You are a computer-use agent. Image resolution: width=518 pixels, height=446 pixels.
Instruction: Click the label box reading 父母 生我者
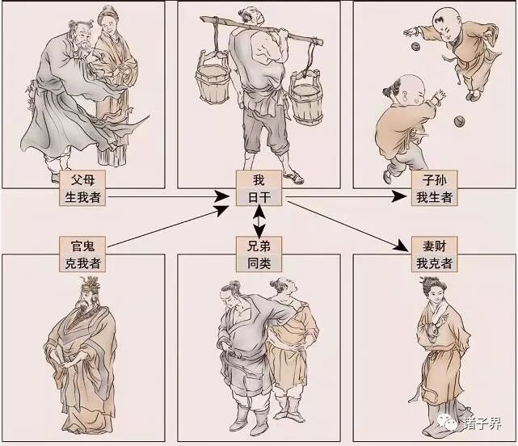(x=82, y=188)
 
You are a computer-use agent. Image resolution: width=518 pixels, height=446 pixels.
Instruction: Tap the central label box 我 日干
(x=259, y=188)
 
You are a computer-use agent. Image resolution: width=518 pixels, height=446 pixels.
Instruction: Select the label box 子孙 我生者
(x=435, y=188)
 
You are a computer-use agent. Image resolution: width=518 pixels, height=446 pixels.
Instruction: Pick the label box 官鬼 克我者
(x=82, y=254)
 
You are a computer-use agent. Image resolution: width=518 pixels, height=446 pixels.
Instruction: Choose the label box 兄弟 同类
(x=259, y=254)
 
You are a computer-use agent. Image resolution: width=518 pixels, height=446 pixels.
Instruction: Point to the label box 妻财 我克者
(x=435, y=254)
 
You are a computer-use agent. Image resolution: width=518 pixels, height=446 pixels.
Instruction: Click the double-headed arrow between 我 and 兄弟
(x=259, y=221)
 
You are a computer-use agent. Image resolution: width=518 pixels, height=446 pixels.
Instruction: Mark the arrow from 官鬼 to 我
(x=168, y=226)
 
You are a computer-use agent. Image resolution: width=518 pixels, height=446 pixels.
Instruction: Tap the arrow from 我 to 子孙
(x=346, y=196)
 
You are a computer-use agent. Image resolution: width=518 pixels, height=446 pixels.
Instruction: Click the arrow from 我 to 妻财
(x=347, y=225)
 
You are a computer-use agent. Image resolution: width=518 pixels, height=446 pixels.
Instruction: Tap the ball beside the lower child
(x=459, y=121)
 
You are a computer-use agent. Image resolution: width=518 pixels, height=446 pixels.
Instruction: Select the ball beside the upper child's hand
(x=415, y=46)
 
